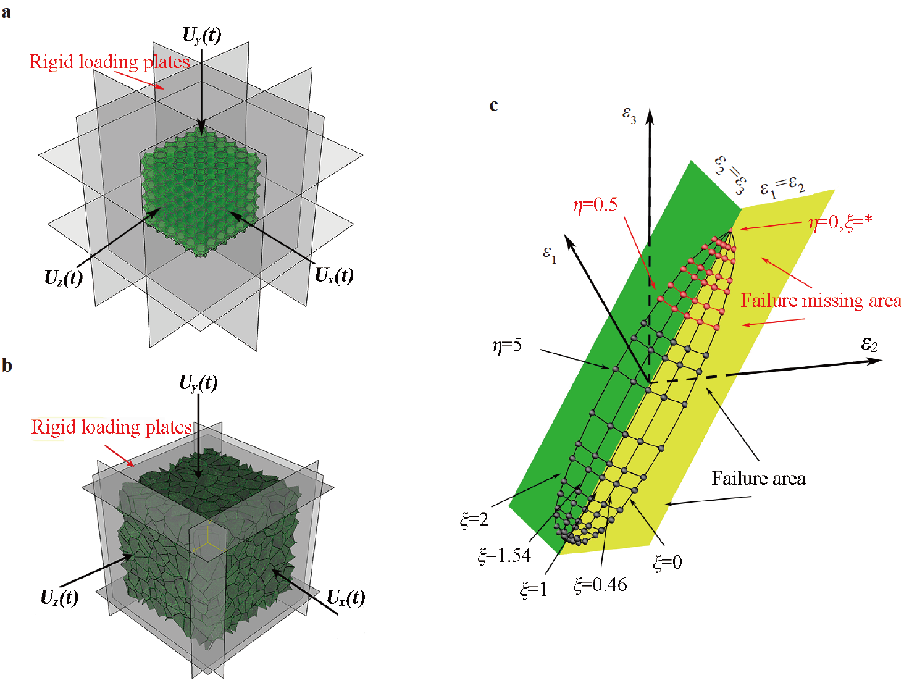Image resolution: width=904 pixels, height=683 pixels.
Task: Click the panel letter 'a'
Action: [x=6, y=12]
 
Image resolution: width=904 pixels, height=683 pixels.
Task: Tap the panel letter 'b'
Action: [x=7, y=366]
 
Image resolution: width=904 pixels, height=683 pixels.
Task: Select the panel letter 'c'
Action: [x=493, y=106]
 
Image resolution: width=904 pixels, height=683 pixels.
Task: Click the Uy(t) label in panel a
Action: [x=202, y=36]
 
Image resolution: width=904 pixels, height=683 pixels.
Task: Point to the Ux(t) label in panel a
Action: [x=334, y=275]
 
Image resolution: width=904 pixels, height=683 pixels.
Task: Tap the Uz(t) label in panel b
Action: [x=59, y=598]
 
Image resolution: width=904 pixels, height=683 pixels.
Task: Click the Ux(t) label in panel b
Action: [x=345, y=598]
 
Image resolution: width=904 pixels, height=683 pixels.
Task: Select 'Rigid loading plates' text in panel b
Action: [x=111, y=427]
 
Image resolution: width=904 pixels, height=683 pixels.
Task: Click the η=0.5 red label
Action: [x=595, y=205]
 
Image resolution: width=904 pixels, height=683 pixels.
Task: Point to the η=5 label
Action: [x=507, y=345]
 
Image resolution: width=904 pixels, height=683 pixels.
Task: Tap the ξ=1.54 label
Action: [x=504, y=556]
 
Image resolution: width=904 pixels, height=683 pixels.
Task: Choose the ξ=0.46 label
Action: [x=600, y=585]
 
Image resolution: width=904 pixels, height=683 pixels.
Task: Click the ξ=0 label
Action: [x=668, y=562]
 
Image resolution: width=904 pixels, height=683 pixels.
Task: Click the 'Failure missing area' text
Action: [x=821, y=301]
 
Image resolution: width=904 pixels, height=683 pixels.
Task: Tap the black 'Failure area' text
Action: [x=758, y=479]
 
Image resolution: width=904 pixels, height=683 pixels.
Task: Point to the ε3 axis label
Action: [x=629, y=115]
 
